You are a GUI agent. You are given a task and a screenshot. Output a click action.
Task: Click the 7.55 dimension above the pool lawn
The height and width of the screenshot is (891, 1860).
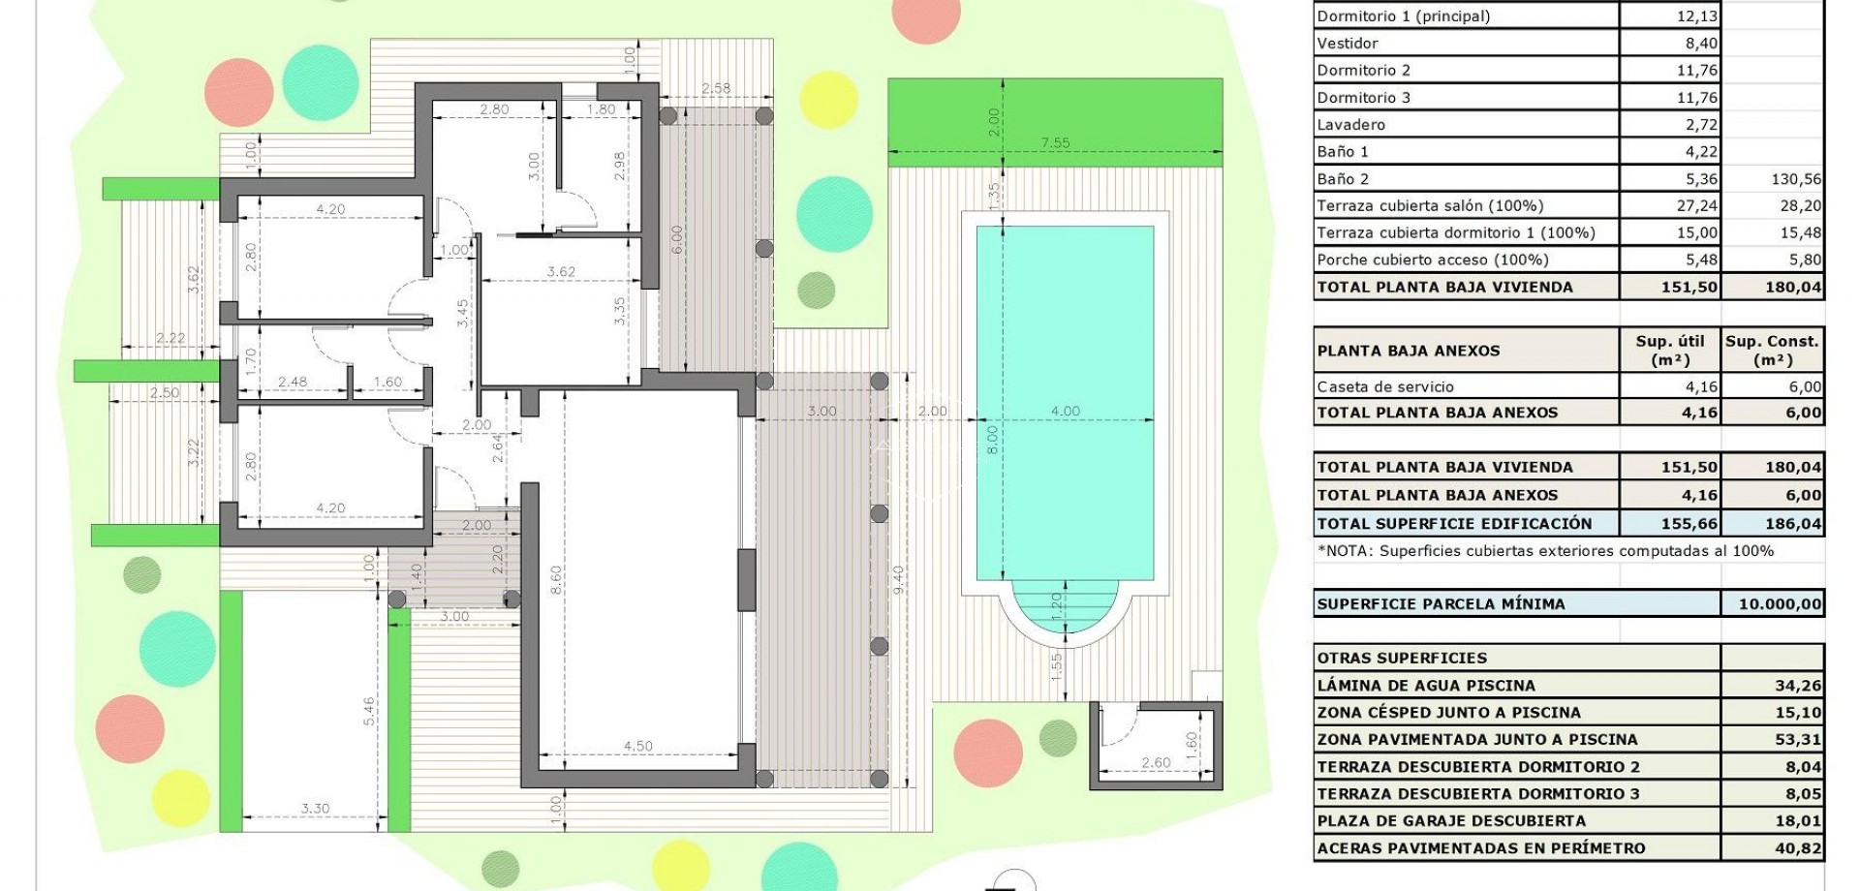tap(1055, 143)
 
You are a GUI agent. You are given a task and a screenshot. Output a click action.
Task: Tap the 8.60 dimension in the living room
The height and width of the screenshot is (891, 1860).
tap(556, 581)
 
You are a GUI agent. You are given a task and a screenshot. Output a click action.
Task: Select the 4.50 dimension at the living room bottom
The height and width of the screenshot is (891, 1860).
tap(637, 746)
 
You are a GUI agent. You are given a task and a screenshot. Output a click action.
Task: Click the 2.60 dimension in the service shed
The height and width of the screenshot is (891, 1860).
tap(1156, 763)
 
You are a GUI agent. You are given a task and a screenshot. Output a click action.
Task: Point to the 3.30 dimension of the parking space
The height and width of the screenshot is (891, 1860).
tap(315, 808)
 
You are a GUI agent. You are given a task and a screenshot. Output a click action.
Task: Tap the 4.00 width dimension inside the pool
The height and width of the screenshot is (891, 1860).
tap(1065, 412)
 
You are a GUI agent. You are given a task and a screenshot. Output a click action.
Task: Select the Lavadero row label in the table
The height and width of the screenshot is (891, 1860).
tap(1350, 124)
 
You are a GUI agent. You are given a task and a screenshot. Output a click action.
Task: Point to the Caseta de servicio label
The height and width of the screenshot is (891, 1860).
tap(1385, 386)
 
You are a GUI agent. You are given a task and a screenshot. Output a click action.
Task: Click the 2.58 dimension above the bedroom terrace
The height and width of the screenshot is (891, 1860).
tap(716, 88)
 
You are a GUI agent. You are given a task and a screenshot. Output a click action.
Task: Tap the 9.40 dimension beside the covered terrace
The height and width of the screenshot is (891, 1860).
tap(898, 579)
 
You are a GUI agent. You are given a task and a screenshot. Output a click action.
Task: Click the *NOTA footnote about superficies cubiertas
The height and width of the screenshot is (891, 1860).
tap(1545, 550)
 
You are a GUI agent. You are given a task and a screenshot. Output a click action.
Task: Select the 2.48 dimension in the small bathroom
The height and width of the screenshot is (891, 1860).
tap(292, 383)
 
